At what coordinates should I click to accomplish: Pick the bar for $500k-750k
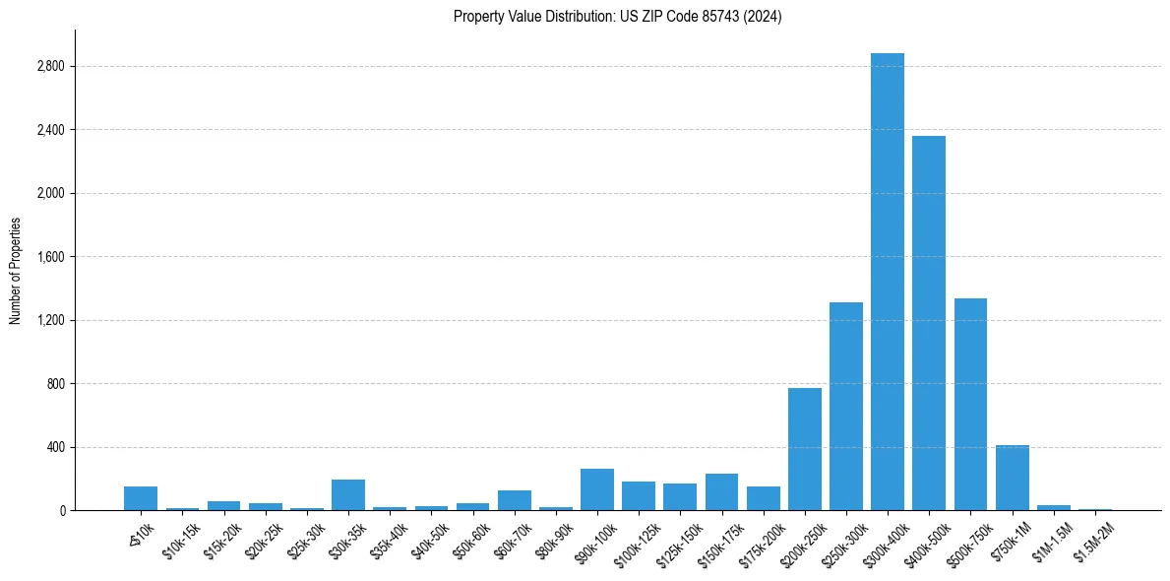tap(970, 404)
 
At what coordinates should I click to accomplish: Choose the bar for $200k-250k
tap(805, 449)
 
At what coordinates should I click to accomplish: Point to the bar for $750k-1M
tap(1012, 478)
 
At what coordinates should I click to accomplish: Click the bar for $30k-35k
tap(348, 494)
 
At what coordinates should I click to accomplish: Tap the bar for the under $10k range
tap(141, 498)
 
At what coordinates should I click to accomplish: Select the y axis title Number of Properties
tap(15, 271)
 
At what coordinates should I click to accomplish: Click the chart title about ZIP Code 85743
tap(617, 17)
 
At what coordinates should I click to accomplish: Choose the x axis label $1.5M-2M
tap(1092, 540)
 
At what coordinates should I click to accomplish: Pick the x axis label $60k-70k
tap(513, 538)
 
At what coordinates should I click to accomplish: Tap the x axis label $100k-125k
tap(634, 541)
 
